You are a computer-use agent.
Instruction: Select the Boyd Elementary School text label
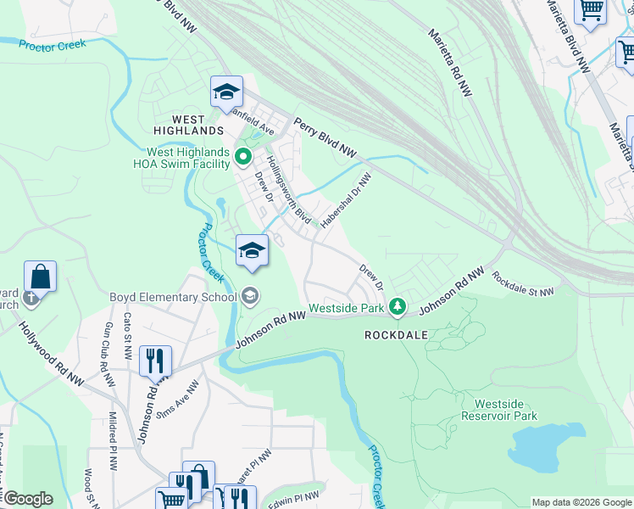172,297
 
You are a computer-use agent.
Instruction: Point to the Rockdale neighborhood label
395,335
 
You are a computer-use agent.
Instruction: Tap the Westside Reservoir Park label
506,410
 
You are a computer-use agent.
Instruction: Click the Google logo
27,498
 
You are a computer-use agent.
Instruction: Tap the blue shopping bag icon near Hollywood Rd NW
40,277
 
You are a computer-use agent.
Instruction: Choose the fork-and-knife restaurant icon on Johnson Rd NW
155,361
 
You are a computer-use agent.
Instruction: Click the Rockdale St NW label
522,283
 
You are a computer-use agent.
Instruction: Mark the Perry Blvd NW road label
325,137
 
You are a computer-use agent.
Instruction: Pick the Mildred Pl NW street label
112,442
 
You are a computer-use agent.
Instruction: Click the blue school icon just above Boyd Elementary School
252,250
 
